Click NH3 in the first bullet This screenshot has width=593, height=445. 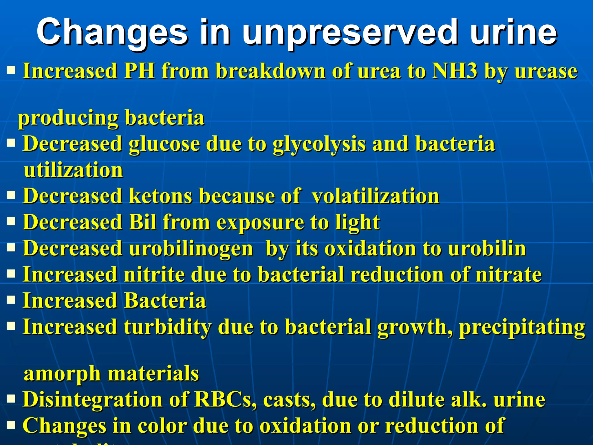pyautogui.click(x=454, y=71)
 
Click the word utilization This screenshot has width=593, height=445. pyautogui.click(x=74, y=170)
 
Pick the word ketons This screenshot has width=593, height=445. pyautogui.click(x=160, y=196)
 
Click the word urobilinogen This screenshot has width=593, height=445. pyautogui.click(x=191, y=249)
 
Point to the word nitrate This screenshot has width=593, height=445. pyautogui.click(x=509, y=274)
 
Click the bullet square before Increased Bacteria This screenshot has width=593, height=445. pyautogui.click(x=11, y=300)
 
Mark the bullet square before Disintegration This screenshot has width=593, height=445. pyautogui.click(x=11, y=399)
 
